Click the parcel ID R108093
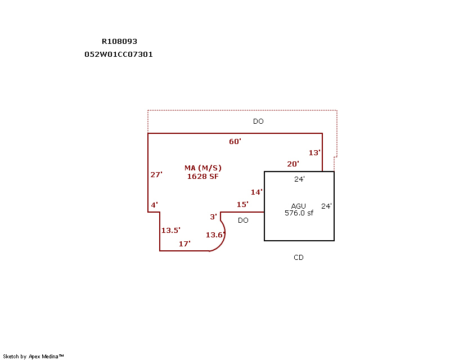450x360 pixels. click(x=119, y=41)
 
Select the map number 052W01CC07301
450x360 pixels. click(x=119, y=55)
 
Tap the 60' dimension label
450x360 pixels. click(x=235, y=141)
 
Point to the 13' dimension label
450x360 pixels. click(x=314, y=152)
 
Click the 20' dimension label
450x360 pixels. click(x=293, y=164)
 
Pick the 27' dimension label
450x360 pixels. click(x=156, y=174)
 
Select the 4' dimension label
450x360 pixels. click(x=154, y=205)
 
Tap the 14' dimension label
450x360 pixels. click(x=256, y=192)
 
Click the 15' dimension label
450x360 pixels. click(x=242, y=204)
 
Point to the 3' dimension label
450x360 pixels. click(x=213, y=217)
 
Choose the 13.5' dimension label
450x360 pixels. click(x=170, y=230)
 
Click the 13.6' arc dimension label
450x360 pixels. click(x=215, y=235)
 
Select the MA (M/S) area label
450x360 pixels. click(x=203, y=168)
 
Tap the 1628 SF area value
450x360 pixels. click(x=202, y=176)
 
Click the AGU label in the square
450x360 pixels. click(x=299, y=206)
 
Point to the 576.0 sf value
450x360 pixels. click(x=299, y=213)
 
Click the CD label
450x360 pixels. click(x=299, y=258)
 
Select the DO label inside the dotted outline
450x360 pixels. click(x=258, y=121)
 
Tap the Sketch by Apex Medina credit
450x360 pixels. click(x=33, y=356)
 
